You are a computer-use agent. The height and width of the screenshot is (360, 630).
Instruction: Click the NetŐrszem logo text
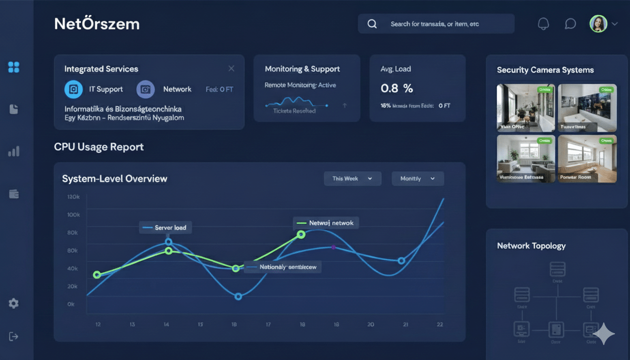[x=97, y=24]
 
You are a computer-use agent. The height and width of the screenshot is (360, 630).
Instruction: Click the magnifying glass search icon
[x=372, y=24]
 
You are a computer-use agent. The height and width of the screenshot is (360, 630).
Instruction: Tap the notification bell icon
[x=543, y=24]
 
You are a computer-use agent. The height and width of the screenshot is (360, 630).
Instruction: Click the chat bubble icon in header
[x=570, y=24]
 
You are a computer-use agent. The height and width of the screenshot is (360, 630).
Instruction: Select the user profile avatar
[x=598, y=24]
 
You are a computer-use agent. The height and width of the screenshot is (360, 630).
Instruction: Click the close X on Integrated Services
[x=231, y=68]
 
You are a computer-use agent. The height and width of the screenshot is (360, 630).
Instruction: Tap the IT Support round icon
[x=73, y=89]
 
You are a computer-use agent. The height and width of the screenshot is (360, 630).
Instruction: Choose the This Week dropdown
[x=352, y=179]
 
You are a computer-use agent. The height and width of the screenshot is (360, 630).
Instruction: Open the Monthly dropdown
[x=417, y=179]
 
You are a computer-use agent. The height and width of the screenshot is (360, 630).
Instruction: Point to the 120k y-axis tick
[x=74, y=197]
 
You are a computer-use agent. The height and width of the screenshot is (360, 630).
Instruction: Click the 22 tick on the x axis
[x=440, y=324]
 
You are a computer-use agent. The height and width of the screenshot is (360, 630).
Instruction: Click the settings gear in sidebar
[x=14, y=303]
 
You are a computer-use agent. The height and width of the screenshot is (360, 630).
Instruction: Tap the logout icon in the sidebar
[x=14, y=337]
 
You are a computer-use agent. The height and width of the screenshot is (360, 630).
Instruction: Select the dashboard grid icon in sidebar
[x=14, y=67]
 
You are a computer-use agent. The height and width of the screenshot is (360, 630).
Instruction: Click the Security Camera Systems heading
[x=545, y=70]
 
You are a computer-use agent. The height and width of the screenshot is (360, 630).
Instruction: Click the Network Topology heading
[x=531, y=246]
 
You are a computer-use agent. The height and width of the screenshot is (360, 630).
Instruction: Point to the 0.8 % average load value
[x=397, y=88]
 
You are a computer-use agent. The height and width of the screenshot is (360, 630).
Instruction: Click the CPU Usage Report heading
[x=99, y=147]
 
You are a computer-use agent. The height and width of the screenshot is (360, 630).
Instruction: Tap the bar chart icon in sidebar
[x=14, y=151]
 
